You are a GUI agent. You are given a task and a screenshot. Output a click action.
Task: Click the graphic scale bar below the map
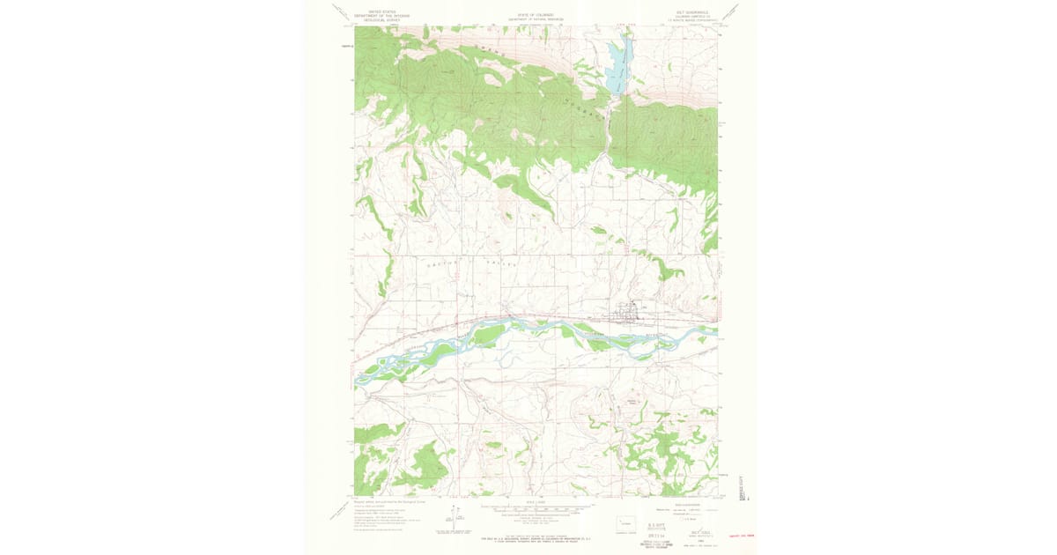pos(536,510)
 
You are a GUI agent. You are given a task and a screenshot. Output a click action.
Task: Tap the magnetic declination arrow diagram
pos(453,517)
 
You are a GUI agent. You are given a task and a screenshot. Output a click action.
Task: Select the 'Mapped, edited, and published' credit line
pos(388,500)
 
